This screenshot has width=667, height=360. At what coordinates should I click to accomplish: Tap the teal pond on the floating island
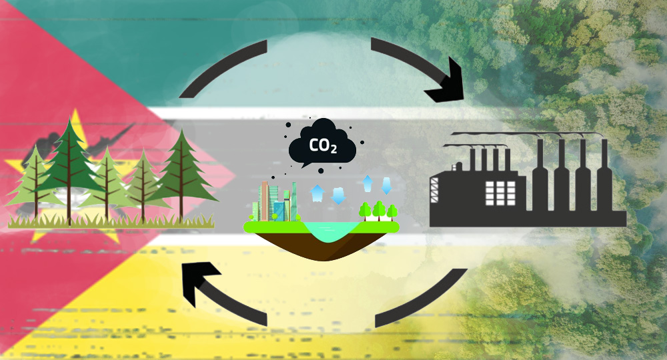326,231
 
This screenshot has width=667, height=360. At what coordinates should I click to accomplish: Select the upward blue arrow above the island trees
368,182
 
